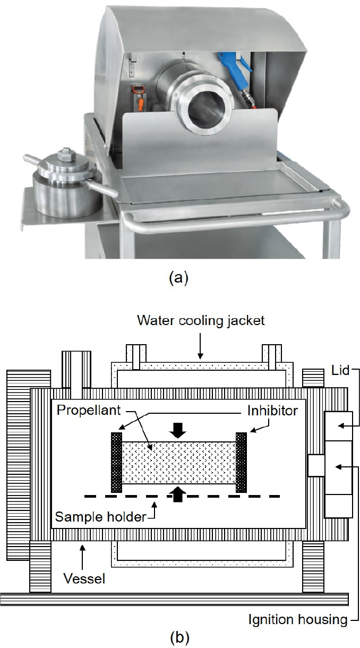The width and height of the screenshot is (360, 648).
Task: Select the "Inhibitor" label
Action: point(271,412)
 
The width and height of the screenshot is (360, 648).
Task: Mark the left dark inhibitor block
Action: point(116,462)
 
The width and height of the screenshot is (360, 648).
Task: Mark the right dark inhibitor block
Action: point(242,462)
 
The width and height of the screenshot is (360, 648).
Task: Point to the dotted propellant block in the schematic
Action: point(178,462)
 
